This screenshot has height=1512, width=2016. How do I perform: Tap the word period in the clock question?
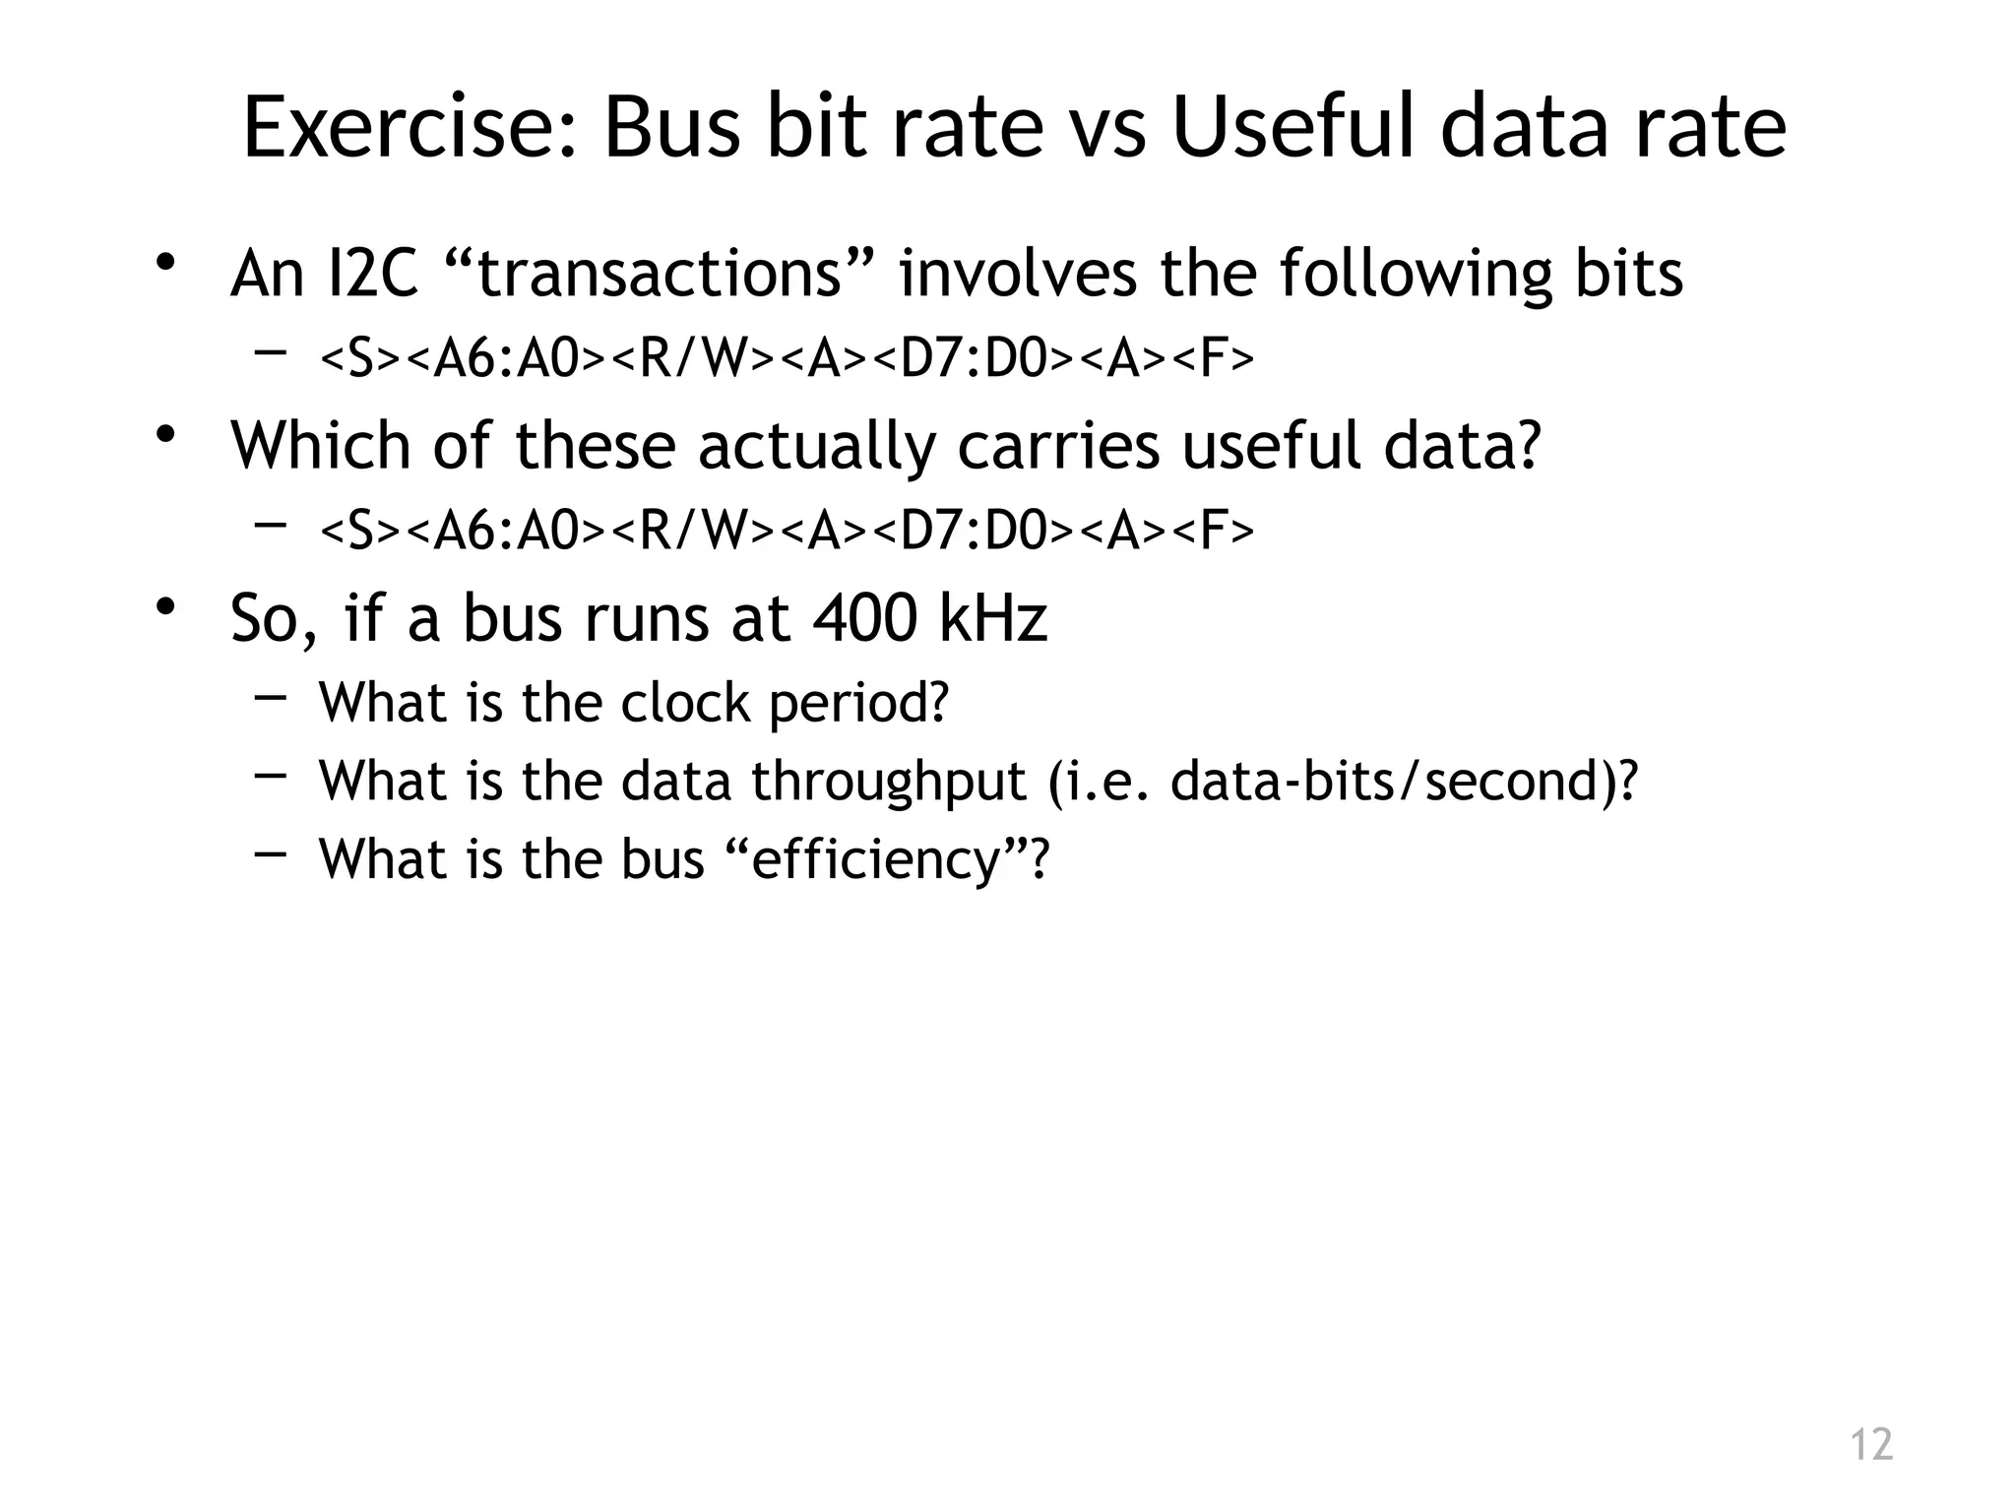(856, 704)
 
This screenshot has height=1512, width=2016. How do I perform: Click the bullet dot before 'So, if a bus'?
(164, 607)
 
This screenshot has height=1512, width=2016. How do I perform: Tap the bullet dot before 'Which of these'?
(164, 435)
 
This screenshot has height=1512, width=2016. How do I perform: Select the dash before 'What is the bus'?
(270, 854)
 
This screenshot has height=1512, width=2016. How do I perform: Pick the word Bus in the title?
(670, 128)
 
